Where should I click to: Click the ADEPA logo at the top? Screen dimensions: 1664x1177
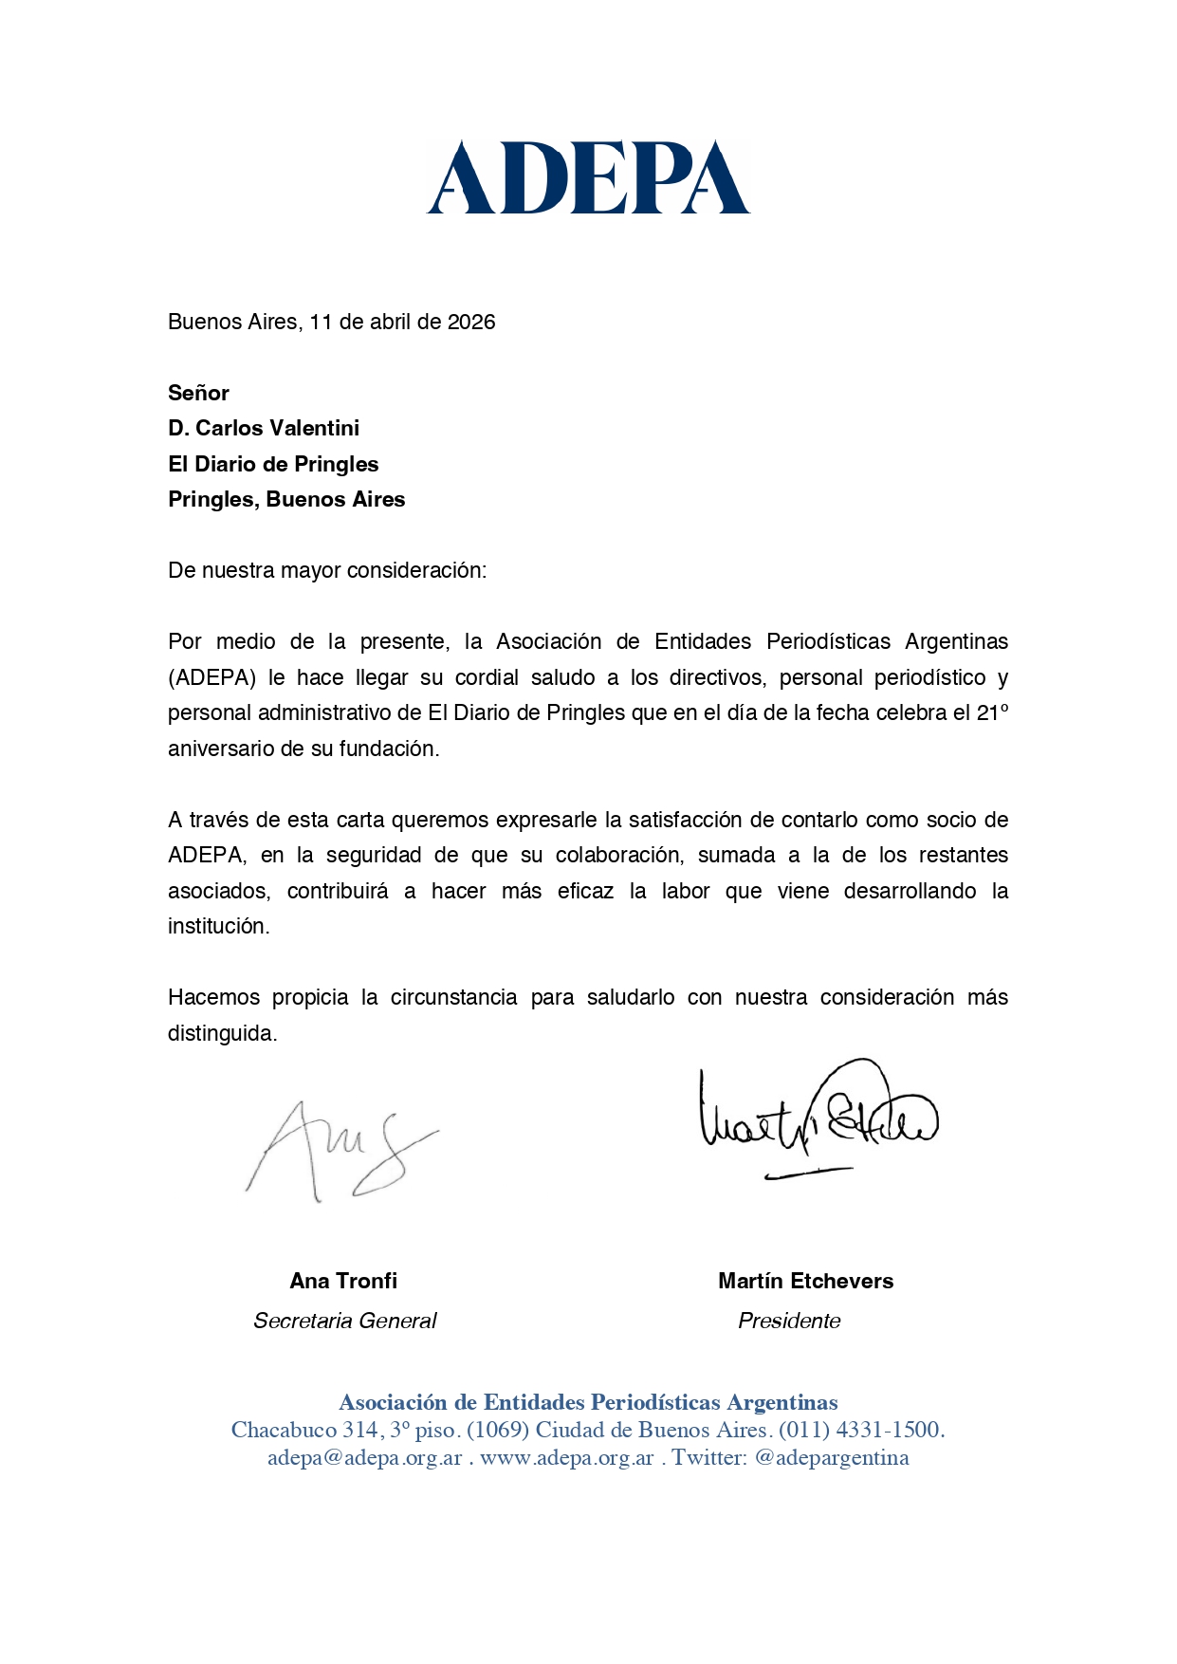coord(588,177)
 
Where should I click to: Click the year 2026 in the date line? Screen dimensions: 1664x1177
coord(471,322)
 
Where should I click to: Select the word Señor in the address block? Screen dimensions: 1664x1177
coord(198,393)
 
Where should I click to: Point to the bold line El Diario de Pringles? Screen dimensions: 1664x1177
coord(273,464)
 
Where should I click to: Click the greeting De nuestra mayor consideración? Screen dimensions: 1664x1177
coord(326,570)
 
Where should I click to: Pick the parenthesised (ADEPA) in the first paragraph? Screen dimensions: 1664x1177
coord(211,677)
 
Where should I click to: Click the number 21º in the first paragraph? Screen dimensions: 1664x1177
coord(992,712)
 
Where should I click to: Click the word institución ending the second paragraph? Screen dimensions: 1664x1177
coord(218,926)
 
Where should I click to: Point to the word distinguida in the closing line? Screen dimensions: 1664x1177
coord(222,1033)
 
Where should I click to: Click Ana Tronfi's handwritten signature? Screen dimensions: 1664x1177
coord(341,1151)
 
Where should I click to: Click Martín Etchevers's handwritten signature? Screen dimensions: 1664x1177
coord(817,1119)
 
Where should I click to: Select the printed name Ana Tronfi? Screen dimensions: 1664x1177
coord(343,1281)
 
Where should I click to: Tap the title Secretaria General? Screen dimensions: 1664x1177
coord(344,1321)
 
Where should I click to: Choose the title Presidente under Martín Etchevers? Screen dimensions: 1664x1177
coord(789,1321)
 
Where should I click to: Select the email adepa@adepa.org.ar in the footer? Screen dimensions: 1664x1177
coord(364,1457)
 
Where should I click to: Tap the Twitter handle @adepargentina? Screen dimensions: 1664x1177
coord(831,1457)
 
